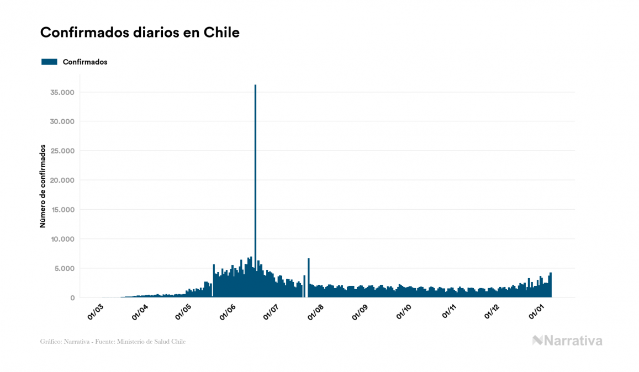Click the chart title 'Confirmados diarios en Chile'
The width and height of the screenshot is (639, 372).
140,33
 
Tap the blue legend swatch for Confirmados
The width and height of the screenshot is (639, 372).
49,62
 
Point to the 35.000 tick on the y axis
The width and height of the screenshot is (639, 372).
61,92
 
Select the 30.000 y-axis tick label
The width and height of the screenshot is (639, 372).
61,121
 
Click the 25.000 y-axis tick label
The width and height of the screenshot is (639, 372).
61,151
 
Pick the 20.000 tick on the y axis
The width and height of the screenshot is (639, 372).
61,180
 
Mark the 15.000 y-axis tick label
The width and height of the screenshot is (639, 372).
61,210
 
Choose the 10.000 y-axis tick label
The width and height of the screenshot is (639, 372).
61,239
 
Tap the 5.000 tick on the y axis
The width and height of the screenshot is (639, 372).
64,269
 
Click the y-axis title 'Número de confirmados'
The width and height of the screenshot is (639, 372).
42,186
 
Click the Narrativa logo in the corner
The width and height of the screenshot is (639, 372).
567,341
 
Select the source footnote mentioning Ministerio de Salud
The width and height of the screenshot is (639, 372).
113,342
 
